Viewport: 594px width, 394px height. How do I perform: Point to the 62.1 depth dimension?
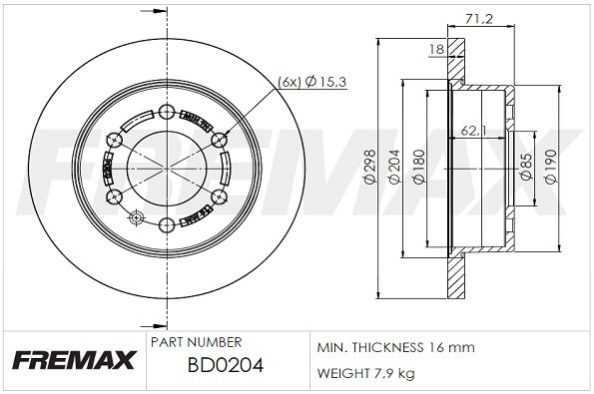473,130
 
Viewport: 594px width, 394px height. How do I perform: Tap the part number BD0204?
226,366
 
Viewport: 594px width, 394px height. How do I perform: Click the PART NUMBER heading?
195,341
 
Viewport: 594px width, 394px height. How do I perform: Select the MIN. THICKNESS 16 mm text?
395,347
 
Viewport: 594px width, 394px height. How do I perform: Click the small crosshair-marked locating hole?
138,216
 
